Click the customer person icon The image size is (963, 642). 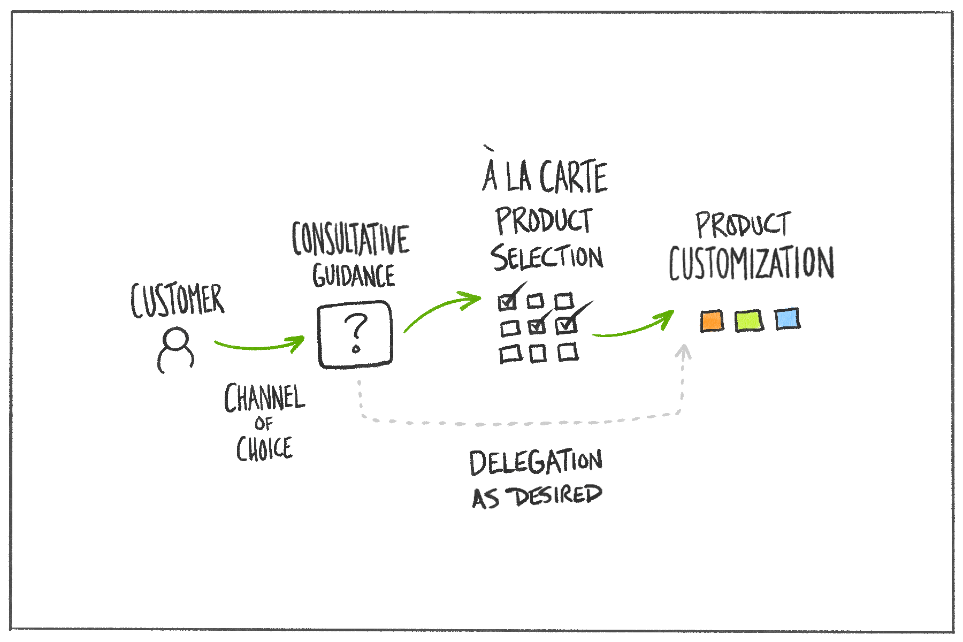[175, 350]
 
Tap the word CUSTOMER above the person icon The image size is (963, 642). [177, 301]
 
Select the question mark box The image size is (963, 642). [355, 334]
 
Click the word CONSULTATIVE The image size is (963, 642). [350, 239]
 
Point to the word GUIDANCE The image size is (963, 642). [354, 276]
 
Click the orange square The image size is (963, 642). [712, 321]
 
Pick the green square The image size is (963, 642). [748, 321]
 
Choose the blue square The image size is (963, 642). [787, 319]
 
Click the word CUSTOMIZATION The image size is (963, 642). [751, 263]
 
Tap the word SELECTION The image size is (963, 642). [547, 257]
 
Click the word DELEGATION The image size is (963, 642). [536, 462]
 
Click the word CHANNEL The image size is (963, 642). [264, 399]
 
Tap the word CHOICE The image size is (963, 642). [265, 449]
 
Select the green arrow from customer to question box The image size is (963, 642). [259, 346]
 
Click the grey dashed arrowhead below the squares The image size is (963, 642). [683, 352]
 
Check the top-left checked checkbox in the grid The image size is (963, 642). [507, 303]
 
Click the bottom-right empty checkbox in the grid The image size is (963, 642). [568, 353]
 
